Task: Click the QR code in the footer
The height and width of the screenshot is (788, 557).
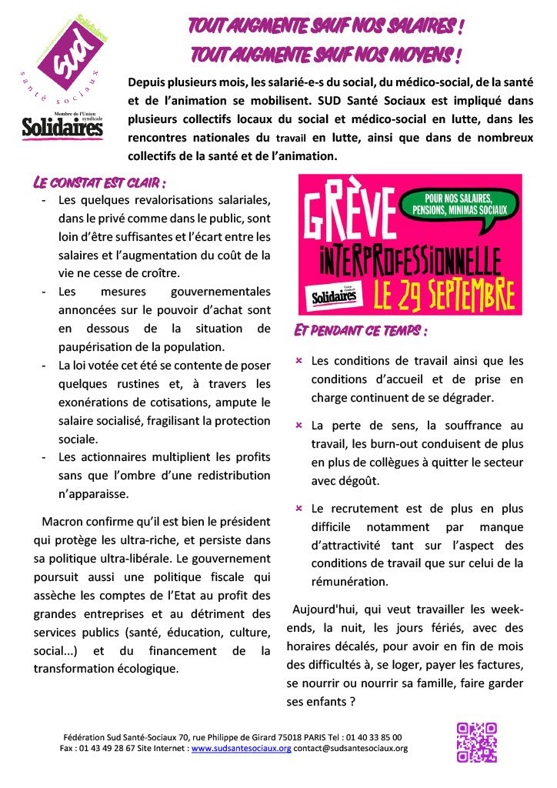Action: [477, 742]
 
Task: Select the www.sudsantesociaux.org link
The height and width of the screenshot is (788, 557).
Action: [241, 748]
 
